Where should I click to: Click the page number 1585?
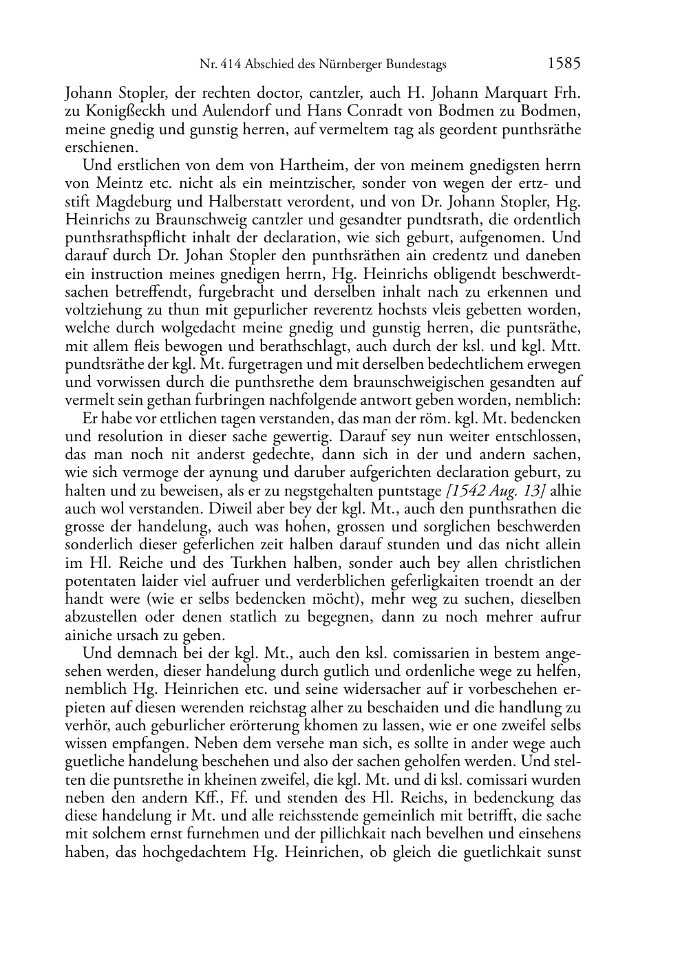coord(564,64)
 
